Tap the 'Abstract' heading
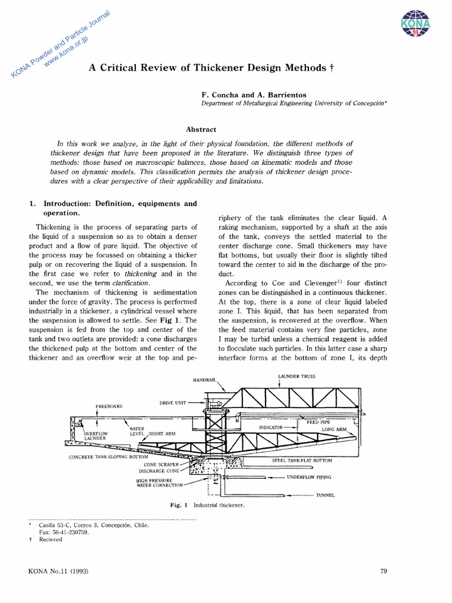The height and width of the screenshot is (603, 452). (x=201, y=130)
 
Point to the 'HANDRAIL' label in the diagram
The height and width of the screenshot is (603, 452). (x=203, y=380)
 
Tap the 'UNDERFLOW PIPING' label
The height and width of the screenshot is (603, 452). (x=309, y=478)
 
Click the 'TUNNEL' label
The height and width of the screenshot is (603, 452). (x=325, y=495)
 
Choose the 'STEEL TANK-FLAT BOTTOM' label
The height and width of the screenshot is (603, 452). (x=302, y=460)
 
